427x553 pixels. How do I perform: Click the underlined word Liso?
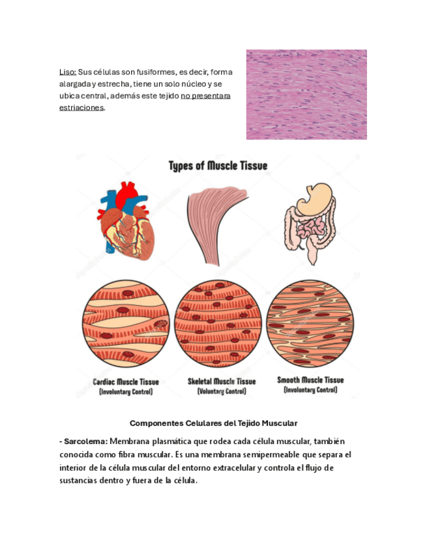pyautogui.click(x=67, y=72)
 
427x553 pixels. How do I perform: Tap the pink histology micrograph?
pyautogui.click(x=306, y=95)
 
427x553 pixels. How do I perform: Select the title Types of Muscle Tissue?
pyautogui.click(x=218, y=166)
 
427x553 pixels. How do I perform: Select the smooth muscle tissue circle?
pyautogui.click(x=310, y=324)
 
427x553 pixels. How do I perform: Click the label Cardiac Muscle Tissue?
pyautogui.click(x=126, y=381)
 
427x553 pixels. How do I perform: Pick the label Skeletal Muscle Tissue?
pyautogui.click(x=222, y=381)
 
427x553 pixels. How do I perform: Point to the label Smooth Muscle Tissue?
pyautogui.click(x=310, y=380)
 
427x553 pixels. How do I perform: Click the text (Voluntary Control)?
pyautogui.click(x=222, y=391)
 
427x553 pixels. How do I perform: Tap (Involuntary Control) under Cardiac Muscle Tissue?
pyautogui.click(x=126, y=392)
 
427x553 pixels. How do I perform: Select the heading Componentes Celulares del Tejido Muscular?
pyautogui.click(x=213, y=423)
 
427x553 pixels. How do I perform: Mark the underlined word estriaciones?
pyautogui.click(x=81, y=108)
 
